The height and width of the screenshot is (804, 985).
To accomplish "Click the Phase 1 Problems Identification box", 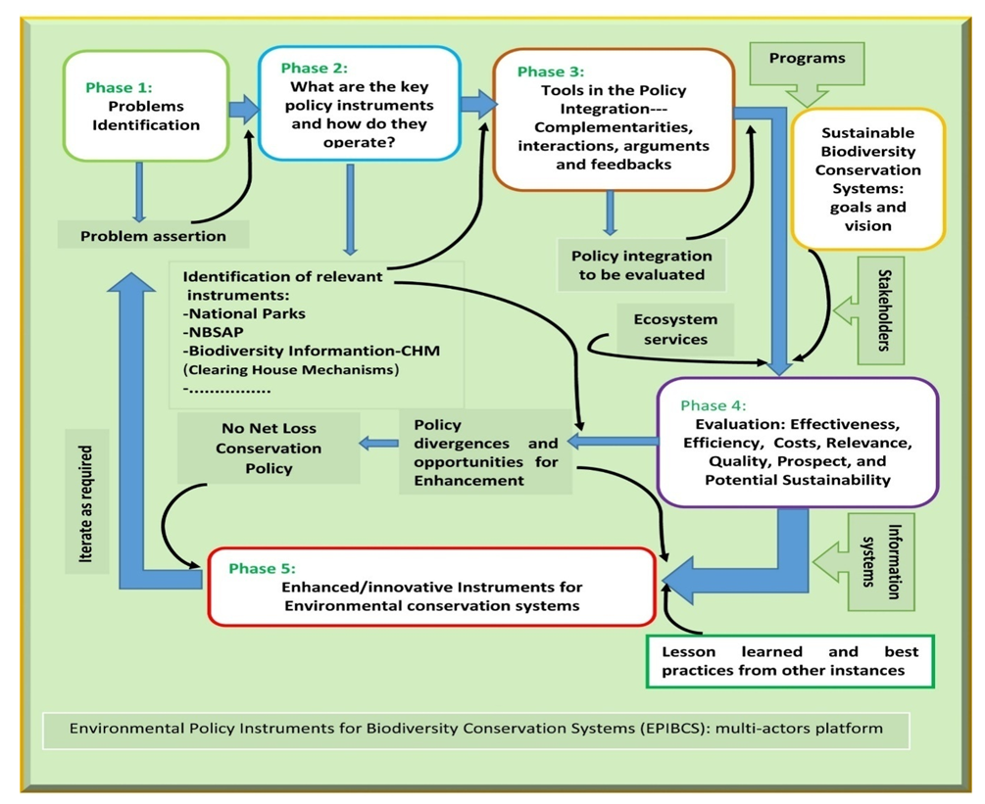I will pos(146,105).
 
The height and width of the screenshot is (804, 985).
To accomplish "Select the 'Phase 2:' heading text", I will pos(314,69).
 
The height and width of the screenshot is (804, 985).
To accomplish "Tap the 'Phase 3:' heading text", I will pos(551,71).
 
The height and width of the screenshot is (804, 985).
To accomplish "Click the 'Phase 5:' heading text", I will pos(262,568).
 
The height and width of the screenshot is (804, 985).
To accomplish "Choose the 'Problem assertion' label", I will pos(153,235).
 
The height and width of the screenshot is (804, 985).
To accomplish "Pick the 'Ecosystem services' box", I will pos(675,329).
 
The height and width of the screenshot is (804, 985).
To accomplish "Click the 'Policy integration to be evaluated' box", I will pos(641,264).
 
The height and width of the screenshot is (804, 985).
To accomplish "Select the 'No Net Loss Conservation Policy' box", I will pos(269,449).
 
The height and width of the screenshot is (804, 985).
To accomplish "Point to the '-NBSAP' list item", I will pos(215,332).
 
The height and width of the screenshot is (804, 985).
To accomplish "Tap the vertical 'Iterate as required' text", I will pos(87,508).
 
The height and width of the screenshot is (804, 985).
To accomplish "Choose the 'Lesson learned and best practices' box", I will pos(791,661).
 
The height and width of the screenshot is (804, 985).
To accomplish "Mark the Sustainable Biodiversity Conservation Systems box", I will pos(868,179).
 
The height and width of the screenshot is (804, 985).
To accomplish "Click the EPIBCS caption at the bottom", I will pos(477,729).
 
